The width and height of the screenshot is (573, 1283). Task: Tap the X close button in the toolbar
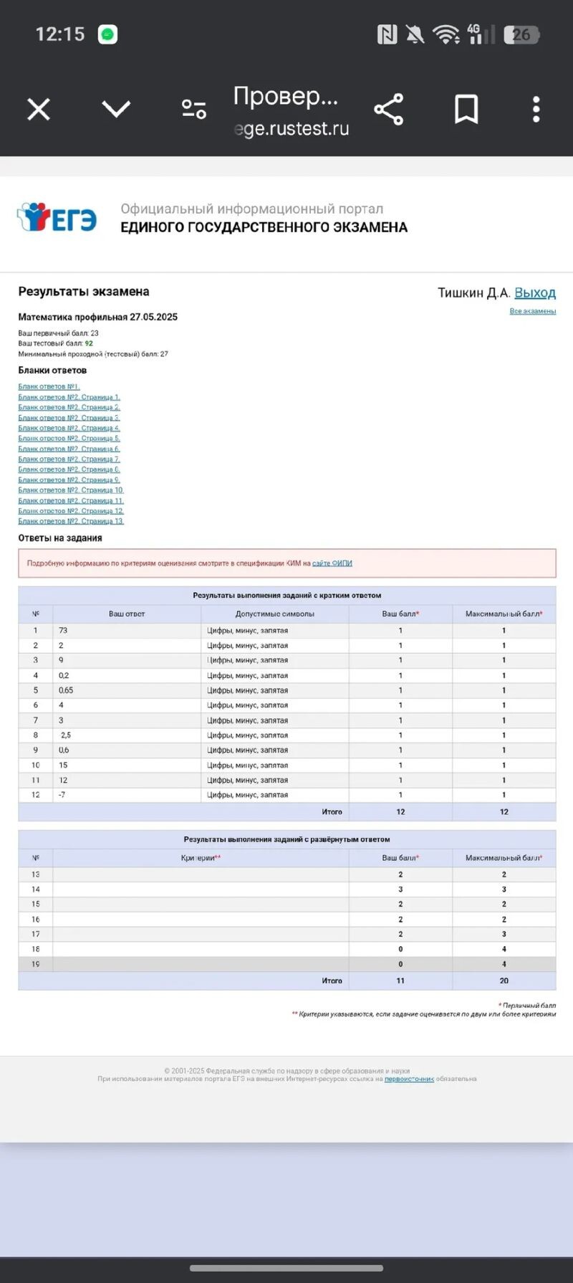pyautogui.click(x=39, y=110)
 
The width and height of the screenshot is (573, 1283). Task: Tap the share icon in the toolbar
pyautogui.click(x=389, y=110)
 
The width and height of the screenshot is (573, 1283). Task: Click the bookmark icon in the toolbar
pyautogui.click(x=466, y=110)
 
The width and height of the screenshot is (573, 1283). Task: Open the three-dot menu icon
pyautogui.click(x=536, y=110)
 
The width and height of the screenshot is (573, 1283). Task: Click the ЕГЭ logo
pyautogui.click(x=57, y=218)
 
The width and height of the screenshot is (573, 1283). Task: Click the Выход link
pyautogui.click(x=535, y=292)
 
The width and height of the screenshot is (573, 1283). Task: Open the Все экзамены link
pyautogui.click(x=532, y=311)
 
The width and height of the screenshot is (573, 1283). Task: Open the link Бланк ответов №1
pyautogui.click(x=49, y=387)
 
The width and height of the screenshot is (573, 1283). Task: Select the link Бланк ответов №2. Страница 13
pyautogui.click(x=71, y=521)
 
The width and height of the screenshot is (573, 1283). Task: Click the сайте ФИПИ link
pyautogui.click(x=332, y=563)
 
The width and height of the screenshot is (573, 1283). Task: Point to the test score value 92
pyautogui.click(x=89, y=343)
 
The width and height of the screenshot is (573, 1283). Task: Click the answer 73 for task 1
pyautogui.click(x=63, y=631)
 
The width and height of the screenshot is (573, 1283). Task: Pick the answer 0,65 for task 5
pyautogui.click(x=66, y=690)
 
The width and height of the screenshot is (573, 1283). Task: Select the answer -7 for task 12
pyautogui.click(x=62, y=795)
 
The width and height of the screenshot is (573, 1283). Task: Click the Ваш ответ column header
pyautogui.click(x=127, y=614)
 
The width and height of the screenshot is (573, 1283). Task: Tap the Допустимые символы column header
pyautogui.click(x=274, y=614)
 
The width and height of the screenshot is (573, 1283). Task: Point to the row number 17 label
pyautogui.click(x=36, y=934)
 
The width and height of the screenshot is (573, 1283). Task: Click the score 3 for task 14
pyautogui.click(x=400, y=889)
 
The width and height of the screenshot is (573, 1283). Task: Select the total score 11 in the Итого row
pyautogui.click(x=400, y=981)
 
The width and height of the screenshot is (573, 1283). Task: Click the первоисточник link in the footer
pyautogui.click(x=409, y=1079)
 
